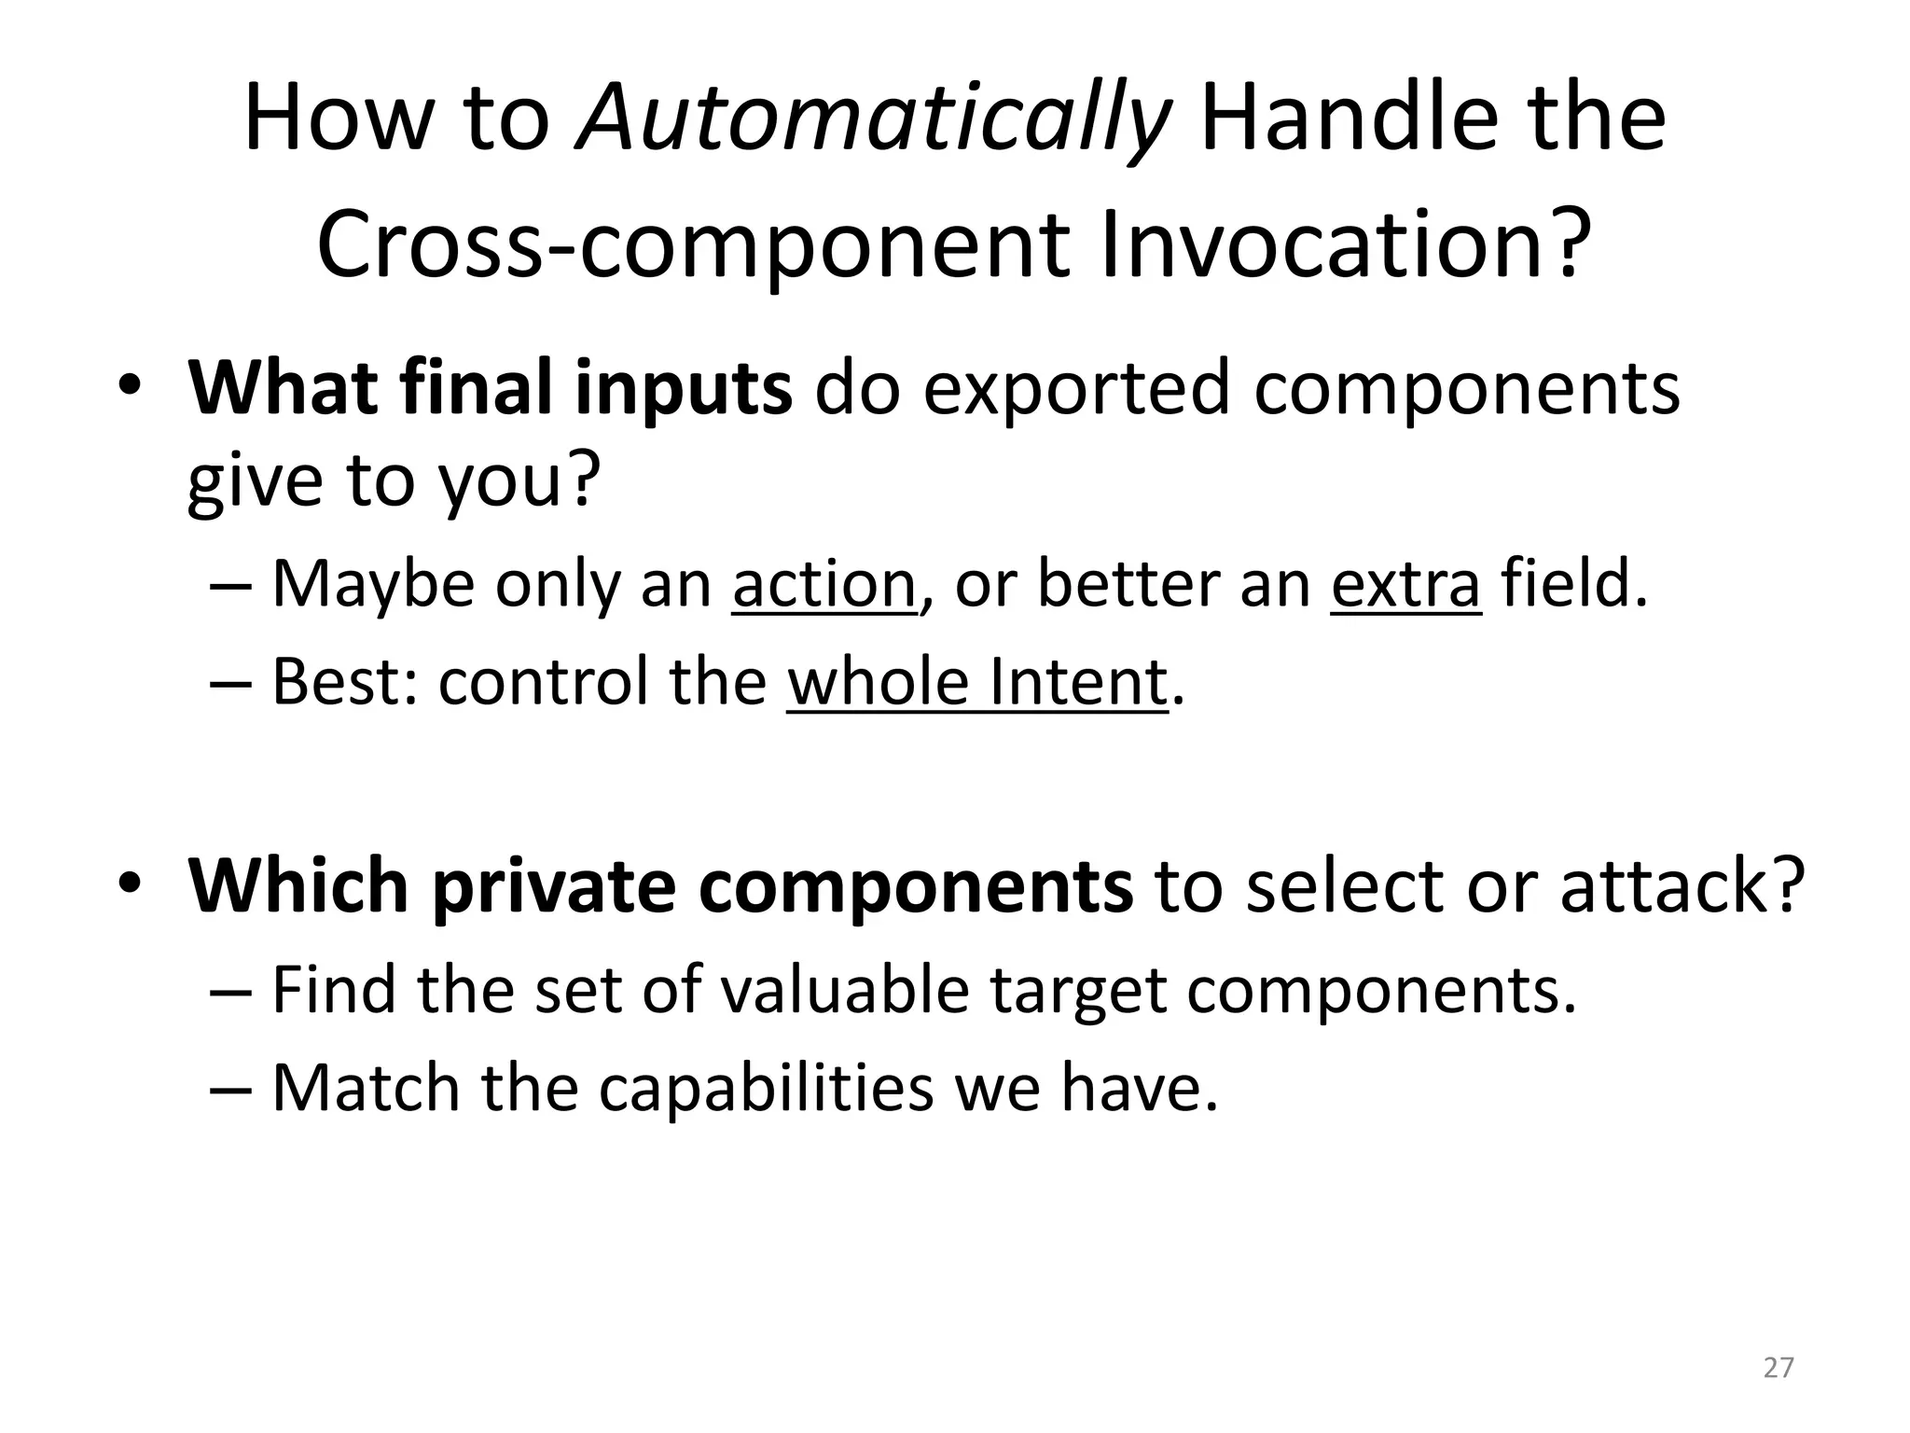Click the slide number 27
pos(1779,1367)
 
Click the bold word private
pos(554,885)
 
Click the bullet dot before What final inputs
pos(130,387)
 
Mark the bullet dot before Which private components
pos(130,883)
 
